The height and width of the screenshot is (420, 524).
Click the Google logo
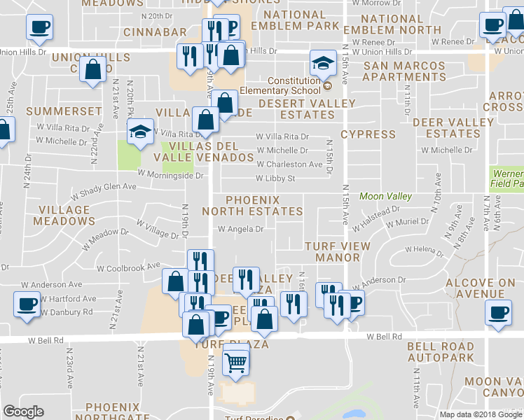24,412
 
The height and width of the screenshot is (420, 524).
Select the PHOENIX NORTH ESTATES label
253,205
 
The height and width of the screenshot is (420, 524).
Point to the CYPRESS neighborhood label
368,134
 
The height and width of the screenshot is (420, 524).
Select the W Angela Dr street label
241,229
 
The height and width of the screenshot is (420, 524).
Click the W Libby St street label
276,179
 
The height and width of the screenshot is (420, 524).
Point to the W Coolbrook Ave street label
129,267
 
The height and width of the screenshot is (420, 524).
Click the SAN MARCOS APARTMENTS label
404,72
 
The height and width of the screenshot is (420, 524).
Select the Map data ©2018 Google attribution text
481,414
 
